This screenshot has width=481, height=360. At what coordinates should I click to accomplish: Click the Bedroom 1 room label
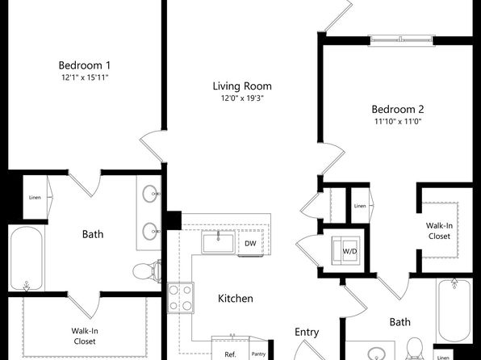point(85,65)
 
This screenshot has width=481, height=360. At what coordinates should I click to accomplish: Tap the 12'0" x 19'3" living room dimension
point(242,98)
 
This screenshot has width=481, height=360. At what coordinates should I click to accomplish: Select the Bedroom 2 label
point(398,109)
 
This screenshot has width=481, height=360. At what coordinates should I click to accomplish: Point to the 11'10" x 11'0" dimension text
point(398,121)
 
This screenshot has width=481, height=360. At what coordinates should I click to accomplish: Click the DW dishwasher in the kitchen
point(250,243)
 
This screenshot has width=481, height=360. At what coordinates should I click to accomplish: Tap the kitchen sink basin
point(218,242)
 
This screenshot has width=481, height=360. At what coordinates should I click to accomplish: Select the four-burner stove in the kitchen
point(181,298)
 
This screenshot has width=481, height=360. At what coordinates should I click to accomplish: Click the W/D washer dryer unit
point(345,251)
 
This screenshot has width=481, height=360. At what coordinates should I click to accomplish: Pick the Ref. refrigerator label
point(230,354)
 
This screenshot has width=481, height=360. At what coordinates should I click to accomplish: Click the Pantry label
point(258,354)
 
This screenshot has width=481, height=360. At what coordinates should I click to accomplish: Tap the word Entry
point(307,332)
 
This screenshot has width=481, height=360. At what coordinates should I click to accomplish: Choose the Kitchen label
point(236,299)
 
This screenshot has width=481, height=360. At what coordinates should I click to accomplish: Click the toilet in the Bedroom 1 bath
point(147,271)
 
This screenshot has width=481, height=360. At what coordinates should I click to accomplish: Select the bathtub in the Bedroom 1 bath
point(27,258)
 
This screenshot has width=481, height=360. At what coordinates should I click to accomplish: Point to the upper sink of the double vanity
point(151,194)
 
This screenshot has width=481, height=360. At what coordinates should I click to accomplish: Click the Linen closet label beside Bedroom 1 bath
point(35,197)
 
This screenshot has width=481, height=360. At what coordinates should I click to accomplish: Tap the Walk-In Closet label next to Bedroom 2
point(439,231)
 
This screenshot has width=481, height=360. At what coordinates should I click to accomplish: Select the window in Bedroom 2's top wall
point(402,40)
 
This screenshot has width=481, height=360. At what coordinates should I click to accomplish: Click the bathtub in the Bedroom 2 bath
point(454,310)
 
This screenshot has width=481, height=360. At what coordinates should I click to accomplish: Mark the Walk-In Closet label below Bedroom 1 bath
point(85,336)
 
